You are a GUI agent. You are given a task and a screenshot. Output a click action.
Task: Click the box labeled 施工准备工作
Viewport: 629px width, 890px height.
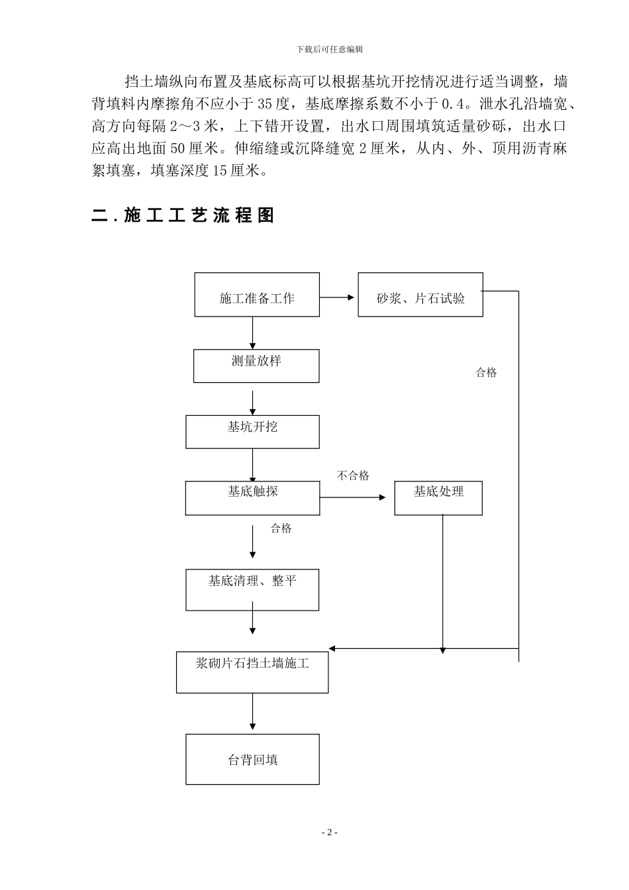tap(257, 295)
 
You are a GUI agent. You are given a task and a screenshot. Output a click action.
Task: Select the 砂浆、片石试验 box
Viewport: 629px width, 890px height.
tap(420, 295)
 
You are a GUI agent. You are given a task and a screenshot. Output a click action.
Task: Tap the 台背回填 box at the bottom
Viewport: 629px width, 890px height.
tap(252, 759)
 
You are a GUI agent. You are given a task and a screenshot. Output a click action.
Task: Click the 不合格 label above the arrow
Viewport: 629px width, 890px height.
tap(353, 475)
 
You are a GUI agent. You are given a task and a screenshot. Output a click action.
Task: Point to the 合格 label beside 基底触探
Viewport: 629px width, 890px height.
tap(281, 528)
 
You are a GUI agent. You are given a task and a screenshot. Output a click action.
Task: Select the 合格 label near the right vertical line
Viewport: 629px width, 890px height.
tap(486, 373)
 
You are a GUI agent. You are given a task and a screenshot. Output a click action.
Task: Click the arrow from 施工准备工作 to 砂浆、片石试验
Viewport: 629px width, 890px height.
tap(338, 297)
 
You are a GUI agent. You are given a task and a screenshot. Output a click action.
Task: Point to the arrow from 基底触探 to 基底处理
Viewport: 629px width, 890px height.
tap(353, 497)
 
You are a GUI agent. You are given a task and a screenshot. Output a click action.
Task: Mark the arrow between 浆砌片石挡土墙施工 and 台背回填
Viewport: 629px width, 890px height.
tap(252, 713)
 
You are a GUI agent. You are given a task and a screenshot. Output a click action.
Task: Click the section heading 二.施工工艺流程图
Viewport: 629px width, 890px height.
tap(183, 215)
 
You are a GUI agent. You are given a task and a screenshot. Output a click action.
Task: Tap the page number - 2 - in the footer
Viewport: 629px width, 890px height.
tap(329, 832)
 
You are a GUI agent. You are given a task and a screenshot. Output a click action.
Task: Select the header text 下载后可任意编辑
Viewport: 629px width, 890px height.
tap(329, 49)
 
